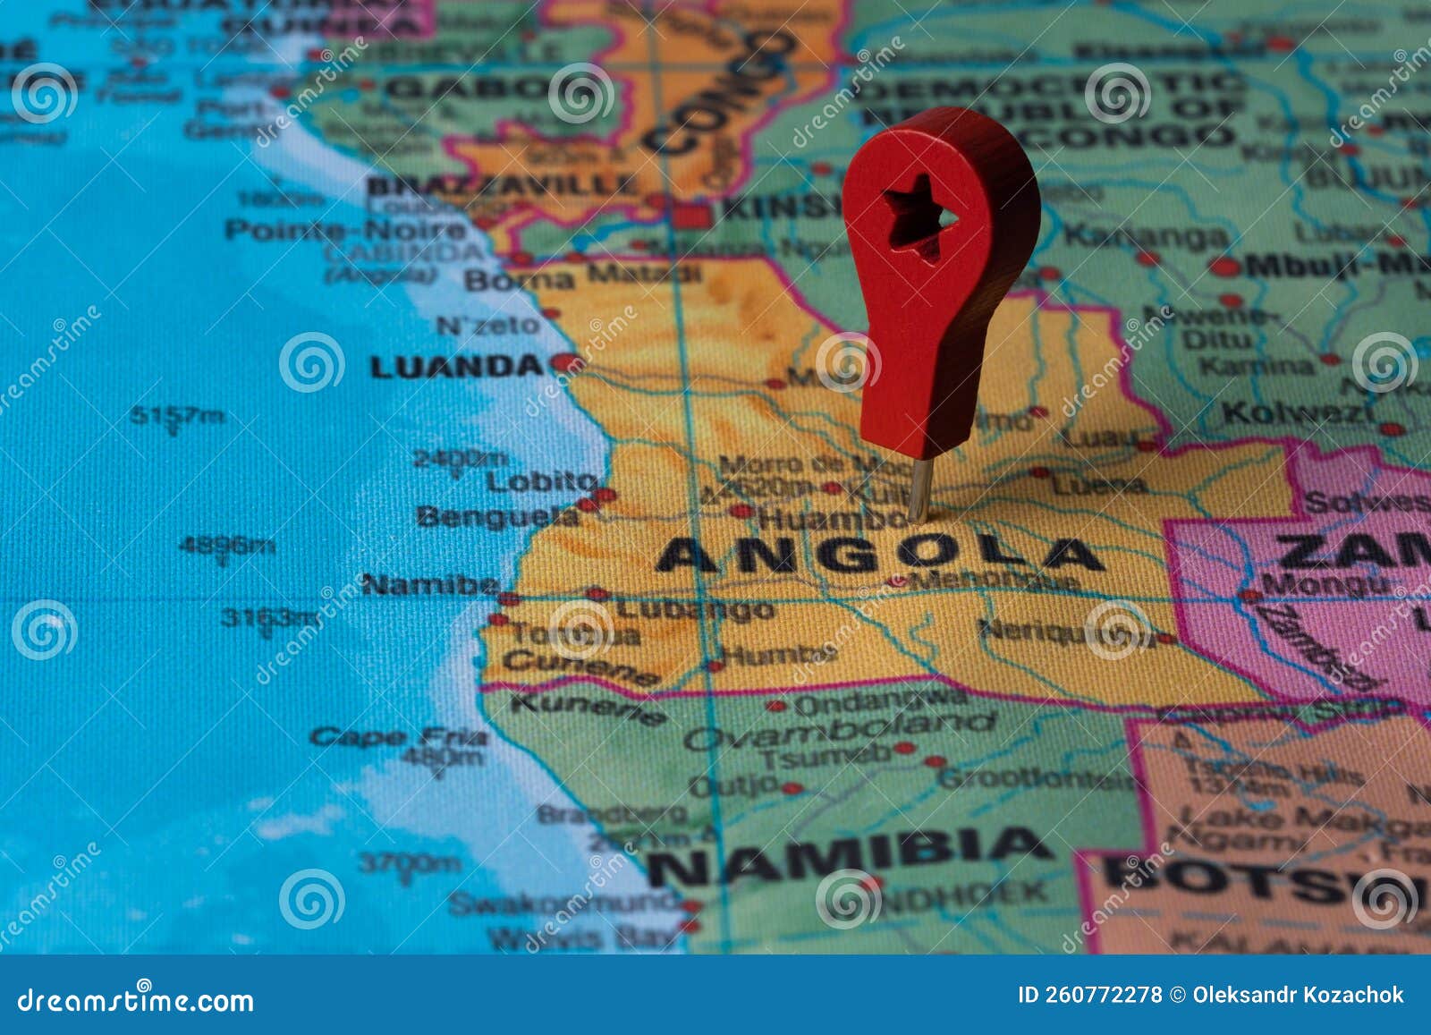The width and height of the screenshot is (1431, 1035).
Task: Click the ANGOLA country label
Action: pyautogui.click(x=881, y=555)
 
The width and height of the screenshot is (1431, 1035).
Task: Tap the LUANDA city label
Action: pyautogui.click(x=456, y=366)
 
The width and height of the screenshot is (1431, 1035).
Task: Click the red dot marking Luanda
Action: pyautogui.click(x=563, y=362)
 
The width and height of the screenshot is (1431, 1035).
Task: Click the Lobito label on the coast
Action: pyautogui.click(x=540, y=481)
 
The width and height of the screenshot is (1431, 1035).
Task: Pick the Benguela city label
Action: pyautogui.click(x=497, y=516)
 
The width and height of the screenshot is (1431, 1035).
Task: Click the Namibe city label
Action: pyautogui.click(x=430, y=585)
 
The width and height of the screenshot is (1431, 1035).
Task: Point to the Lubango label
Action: pyautogui.click(x=695, y=609)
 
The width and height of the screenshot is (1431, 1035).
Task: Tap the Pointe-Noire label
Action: pyautogui.click(x=345, y=230)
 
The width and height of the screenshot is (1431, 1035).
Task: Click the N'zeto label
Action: pyautogui.click(x=488, y=325)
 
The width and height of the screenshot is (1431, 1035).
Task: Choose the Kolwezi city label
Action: pyautogui.click(x=1298, y=413)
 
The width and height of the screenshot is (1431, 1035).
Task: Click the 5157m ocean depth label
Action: pyautogui.click(x=177, y=415)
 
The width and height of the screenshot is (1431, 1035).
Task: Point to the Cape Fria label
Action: pyautogui.click(x=399, y=737)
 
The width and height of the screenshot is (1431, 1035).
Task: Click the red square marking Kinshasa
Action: pyautogui.click(x=693, y=215)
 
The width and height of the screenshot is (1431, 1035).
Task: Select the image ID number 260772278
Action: pyautogui.click(x=1109, y=995)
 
